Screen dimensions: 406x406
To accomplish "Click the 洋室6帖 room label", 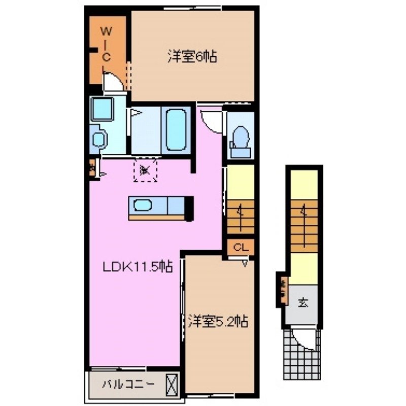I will pos(192,57).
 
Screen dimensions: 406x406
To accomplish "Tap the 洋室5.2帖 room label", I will pos(218,321).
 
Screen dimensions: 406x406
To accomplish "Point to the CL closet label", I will pos(241,248).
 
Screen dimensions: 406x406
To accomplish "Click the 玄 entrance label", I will pos(303,303).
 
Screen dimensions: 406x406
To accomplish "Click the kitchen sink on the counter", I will pos(142,206).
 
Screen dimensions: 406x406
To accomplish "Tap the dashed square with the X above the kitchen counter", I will pos(146,170).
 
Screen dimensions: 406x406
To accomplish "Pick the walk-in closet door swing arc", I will pos(114,82).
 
